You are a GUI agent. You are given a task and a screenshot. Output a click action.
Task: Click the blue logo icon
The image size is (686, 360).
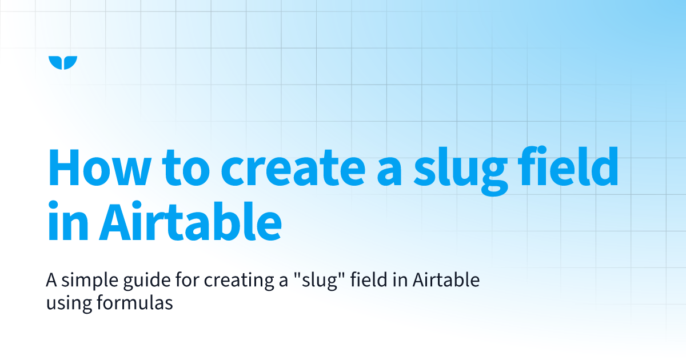pos(63,63)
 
